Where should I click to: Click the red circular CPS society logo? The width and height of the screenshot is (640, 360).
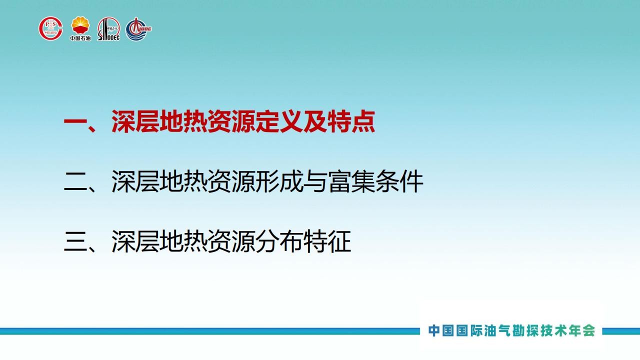point(50,28)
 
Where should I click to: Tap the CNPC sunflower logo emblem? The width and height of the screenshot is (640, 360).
point(80,25)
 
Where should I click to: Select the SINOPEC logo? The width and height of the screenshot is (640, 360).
point(108,29)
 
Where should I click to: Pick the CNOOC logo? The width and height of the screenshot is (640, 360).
point(138,29)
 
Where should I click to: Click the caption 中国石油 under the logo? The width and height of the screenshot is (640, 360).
point(80,38)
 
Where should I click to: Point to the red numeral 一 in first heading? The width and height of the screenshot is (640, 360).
point(75,121)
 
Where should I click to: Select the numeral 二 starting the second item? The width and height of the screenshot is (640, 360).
point(75,181)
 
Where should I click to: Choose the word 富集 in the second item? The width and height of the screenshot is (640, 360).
point(351,181)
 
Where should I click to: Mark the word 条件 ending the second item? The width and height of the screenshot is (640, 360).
point(399,181)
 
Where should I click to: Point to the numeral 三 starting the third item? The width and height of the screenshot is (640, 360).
point(75,241)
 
